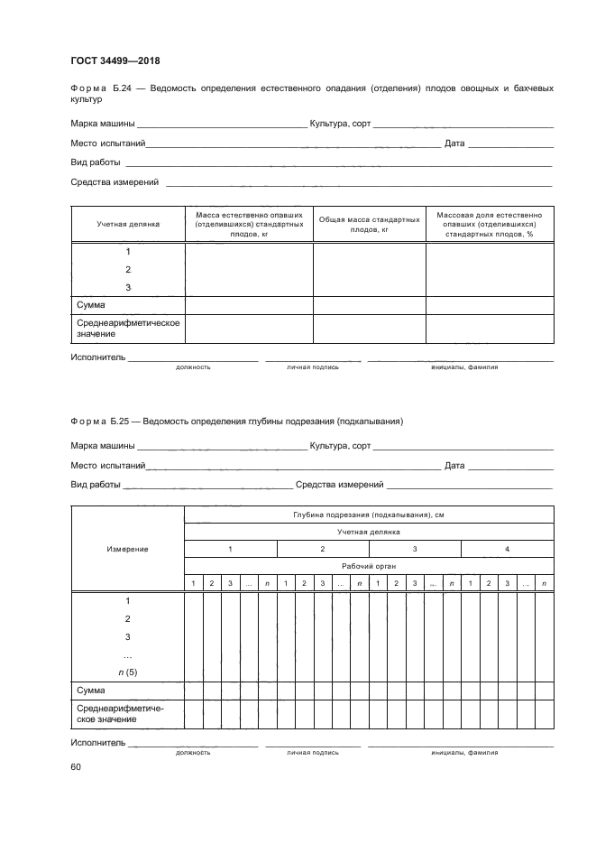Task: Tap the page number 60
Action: tap(76, 767)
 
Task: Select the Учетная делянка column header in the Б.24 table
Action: tap(128, 224)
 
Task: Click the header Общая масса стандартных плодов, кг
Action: tap(369, 224)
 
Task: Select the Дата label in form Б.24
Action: tap(454, 144)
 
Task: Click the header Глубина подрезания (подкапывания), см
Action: tap(369, 515)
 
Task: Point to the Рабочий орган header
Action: tap(369, 566)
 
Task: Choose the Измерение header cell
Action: tap(128, 549)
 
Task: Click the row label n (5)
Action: tap(128, 672)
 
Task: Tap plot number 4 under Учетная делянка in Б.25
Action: tap(508, 549)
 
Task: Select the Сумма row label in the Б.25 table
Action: tap(91, 691)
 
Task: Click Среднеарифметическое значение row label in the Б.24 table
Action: tap(128, 328)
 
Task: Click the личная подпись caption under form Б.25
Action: tap(313, 752)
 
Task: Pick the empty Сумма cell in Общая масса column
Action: tap(369, 305)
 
